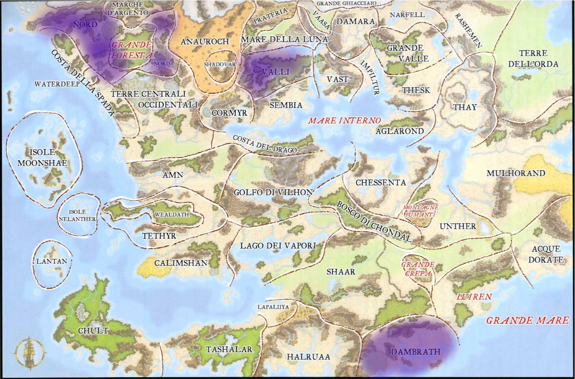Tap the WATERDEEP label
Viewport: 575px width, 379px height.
(x=57, y=84)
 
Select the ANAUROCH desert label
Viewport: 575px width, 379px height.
(x=205, y=41)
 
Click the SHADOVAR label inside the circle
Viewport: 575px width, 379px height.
(x=220, y=64)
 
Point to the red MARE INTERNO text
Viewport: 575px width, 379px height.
(x=344, y=121)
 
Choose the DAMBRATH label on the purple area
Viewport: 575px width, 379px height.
(x=416, y=352)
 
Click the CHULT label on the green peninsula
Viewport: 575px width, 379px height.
(x=93, y=331)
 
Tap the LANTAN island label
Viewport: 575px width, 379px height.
(x=52, y=261)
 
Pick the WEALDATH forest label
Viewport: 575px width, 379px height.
(x=172, y=215)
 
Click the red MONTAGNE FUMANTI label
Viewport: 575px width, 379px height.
(x=420, y=211)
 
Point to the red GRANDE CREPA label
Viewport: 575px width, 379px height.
(x=418, y=269)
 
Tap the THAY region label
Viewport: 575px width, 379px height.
(x=465, y=107)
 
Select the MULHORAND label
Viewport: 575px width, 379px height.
(x=516, y=173)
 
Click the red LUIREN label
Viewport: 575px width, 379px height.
(x=474, y=296)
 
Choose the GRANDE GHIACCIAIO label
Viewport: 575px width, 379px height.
(x=346, y=3)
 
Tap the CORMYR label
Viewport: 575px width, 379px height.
(x=229, y=113)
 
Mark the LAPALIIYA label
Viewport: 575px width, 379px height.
(x=273, y=307)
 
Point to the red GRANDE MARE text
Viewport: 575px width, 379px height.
(x=527, y=320)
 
